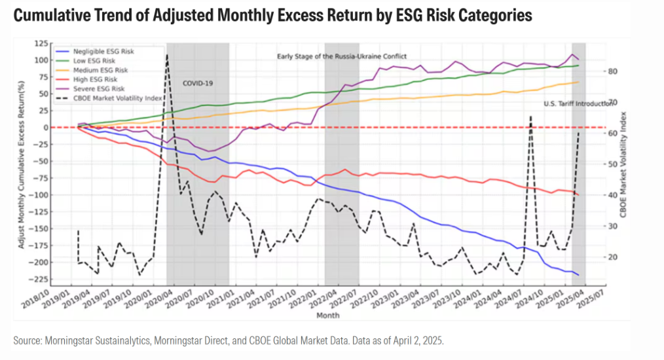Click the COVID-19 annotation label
pos(198,83)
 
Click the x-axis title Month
pos(328,315)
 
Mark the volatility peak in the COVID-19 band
pos(167,56)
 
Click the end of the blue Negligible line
pos(578,275)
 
